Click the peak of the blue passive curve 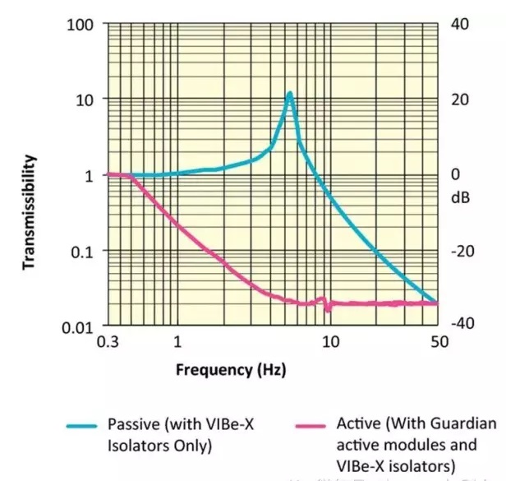[289, 93]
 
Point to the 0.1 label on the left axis [80, 252]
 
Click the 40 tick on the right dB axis [459, 24]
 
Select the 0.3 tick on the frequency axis [107, 341]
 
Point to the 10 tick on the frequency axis [330, 341]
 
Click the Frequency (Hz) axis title [231, 369]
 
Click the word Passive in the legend [131, 424]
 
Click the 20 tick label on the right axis [459, 99]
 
